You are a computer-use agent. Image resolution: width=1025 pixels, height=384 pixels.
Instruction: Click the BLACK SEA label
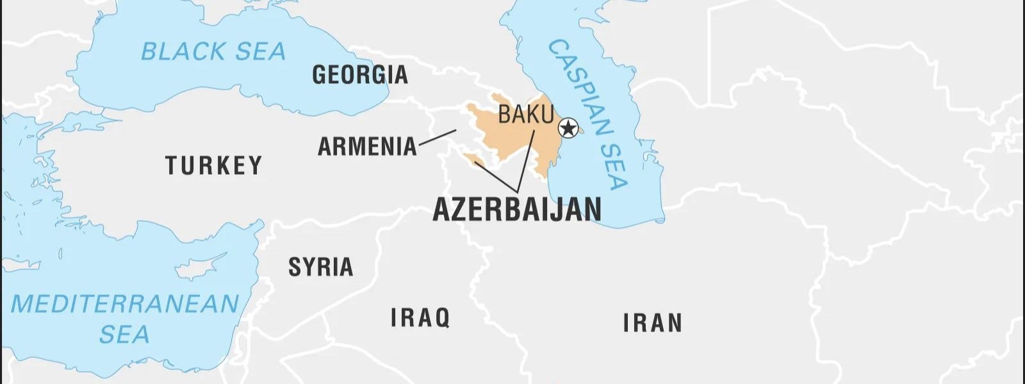pyautogui.click(x=213, y=51)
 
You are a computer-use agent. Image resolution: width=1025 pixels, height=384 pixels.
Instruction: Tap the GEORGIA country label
pyautogui.click(x=359, y=75)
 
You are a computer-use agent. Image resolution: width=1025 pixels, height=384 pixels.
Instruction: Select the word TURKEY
pyautogui.click(x=214, y=166)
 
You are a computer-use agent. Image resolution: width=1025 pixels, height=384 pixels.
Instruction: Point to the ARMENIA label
pyautogui.click(x=367, y=147)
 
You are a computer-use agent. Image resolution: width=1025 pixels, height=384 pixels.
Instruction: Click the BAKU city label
pyautogui.click(x=525, y=115)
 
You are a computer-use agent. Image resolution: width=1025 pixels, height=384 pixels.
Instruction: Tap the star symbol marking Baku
pyautogui.click(x=568, y=129)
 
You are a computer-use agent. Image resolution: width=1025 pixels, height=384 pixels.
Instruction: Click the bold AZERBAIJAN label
pyautogui.click(x=517, y=209)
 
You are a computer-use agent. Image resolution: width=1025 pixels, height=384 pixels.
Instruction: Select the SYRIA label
pyautogui.click(x=320, y=267)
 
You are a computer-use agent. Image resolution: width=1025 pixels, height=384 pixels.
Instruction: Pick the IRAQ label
pyautogui.click(x=420, y=317)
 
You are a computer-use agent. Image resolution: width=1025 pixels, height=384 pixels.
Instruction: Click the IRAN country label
pyautogui.click(x=652, y=323)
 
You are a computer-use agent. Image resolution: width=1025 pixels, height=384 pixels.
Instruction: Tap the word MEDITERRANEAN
pyautogui.click(x=125, y=304)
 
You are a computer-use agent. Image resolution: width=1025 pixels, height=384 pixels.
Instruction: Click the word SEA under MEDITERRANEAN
pyautogui.click(x=124, y=334)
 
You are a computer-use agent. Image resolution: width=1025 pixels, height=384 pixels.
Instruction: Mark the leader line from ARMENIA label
pyautogui.click(x=437, y=138)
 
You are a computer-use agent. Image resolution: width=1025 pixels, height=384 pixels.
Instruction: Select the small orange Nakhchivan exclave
pyautogui.click(x=473, y=158)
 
